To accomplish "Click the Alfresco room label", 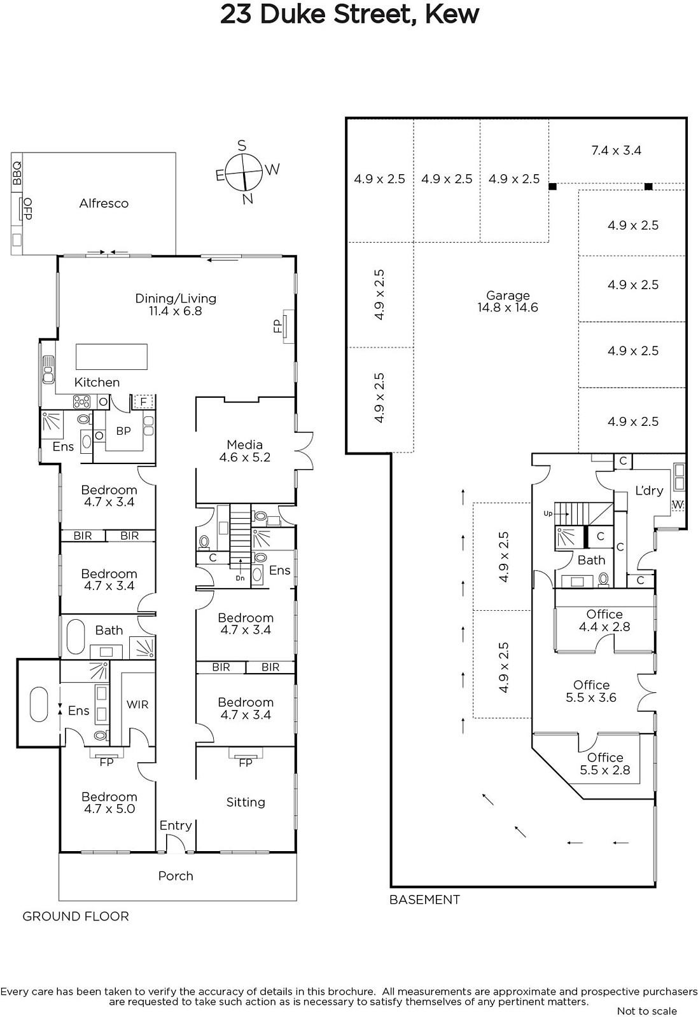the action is tap(104, 203).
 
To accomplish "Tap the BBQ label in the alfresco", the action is tap(17, 174).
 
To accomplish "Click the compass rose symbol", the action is tap(244, 173).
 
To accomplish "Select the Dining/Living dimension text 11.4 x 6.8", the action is tap(176, 311).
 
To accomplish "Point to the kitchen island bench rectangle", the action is tap(111, 357).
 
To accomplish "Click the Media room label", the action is tap(244, 444).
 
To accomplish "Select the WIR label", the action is tap(137, 704).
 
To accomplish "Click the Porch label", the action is tap(176, 876).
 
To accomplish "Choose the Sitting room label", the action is tap(246, 803).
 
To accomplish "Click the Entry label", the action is tap(176, 826).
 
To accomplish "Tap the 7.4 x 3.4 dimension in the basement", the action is tap(616, 150).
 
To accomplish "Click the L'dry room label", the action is tap(649, 490).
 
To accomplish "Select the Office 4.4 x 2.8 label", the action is tap(604, 620).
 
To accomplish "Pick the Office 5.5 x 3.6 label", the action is tap(590, 691).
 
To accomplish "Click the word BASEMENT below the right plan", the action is tap(424, 899).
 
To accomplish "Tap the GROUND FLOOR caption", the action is tap(76, 916).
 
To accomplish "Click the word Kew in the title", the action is tap(452, 15).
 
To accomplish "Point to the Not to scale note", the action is tap(646, 1011).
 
